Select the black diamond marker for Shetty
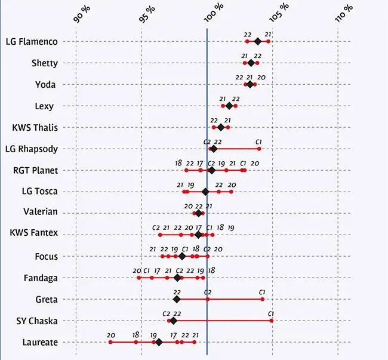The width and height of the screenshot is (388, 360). pyautogui.click(x=251, y=63)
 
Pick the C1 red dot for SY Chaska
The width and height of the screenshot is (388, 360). pyautogui.click(x=272, y=321)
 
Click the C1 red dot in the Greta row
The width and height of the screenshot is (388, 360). pyautogui.click(x=262, y=299)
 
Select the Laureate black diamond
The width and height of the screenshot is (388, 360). pyautogui.click(x=159, y=342)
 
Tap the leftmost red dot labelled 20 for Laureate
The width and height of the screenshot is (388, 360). pyautogui.click(x=110, y=342)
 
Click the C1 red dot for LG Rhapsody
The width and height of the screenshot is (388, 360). pyautogui.click(x=258, y=149)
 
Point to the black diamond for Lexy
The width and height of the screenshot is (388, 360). pyautogui.click(x=229, y=106)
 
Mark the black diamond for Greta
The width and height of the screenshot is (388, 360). pyautogui.click(x=177, y=299)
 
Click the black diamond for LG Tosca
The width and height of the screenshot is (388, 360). pyautogui.click(x=205, y=192)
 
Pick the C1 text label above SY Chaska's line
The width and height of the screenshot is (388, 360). pyautogui.click(x=270, y=313)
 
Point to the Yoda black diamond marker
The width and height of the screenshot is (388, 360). pyautogui.click(x=250, y=84)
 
